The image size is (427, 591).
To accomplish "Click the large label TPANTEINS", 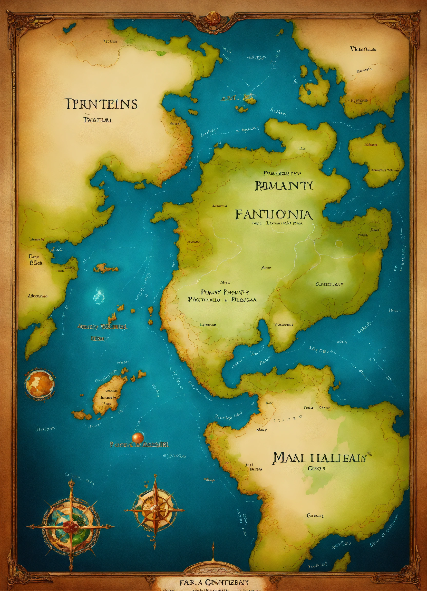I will point(101,104).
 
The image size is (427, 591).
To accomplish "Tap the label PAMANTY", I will point(284,185).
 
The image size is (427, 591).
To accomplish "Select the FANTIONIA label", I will point(274,214).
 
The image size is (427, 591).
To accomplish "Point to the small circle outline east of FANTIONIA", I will point(339,243).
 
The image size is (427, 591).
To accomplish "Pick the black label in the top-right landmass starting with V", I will point(363,49).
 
